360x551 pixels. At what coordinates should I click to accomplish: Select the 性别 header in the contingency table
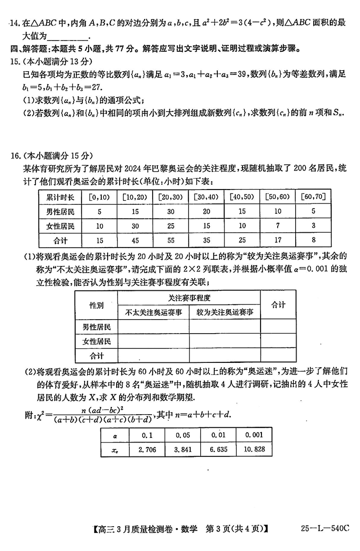tap(96, 305)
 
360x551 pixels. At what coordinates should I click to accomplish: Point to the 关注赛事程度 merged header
tap(189, 298)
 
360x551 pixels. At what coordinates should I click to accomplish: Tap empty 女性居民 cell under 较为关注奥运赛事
tap(225, 341)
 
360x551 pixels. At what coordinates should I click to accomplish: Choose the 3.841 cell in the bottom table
tap(182, 449)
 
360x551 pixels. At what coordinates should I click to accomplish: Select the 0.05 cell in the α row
tap(182, 435)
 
